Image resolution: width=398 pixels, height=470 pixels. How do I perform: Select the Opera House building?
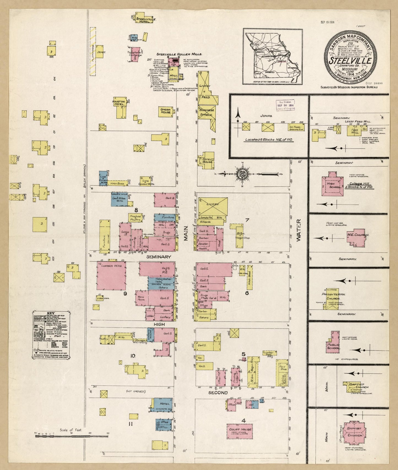pos(166,111)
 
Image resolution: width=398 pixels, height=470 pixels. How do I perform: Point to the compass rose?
pos(242,174)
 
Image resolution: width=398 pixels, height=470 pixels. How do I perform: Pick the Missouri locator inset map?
pos(272,56)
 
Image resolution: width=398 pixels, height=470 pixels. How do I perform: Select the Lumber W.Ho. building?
pos(111,275)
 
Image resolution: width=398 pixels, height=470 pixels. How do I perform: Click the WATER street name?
pos(299,230)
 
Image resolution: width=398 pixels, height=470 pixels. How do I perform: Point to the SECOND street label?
pos(218,392)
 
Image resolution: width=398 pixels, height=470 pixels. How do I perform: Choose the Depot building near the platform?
pos(99,52)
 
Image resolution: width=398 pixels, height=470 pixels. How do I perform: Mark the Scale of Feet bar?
pos(71,437)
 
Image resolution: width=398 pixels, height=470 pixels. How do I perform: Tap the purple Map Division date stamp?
pos(285,105)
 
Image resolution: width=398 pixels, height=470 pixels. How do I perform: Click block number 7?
pos(247,220)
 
